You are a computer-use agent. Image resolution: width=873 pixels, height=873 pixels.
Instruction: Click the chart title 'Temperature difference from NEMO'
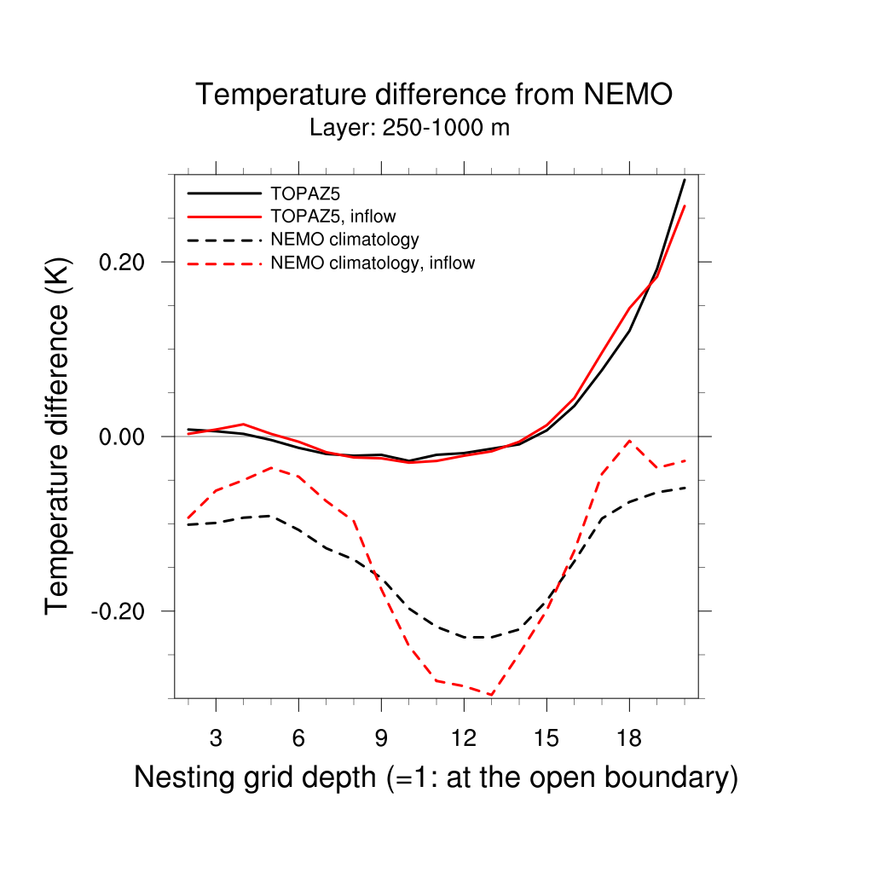tap(434, 95)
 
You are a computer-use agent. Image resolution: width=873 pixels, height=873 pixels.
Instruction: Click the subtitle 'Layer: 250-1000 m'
tap(409, 129)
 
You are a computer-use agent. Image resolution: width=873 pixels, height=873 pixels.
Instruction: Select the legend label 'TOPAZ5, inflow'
tap(332, 216)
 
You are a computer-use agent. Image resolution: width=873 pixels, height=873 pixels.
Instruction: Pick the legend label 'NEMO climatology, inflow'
tap(372, 263)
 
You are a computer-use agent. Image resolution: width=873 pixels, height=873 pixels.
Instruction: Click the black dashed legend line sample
tap(223, 240)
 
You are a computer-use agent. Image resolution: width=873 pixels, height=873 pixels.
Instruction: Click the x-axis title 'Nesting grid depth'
tap(435, 778)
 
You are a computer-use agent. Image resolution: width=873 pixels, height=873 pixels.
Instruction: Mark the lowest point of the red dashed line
tap(491, 695)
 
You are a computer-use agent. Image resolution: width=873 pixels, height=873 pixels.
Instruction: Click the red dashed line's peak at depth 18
tap(629, 440)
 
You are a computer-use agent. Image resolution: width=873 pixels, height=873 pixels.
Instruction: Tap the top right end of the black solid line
tap(684, 180)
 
